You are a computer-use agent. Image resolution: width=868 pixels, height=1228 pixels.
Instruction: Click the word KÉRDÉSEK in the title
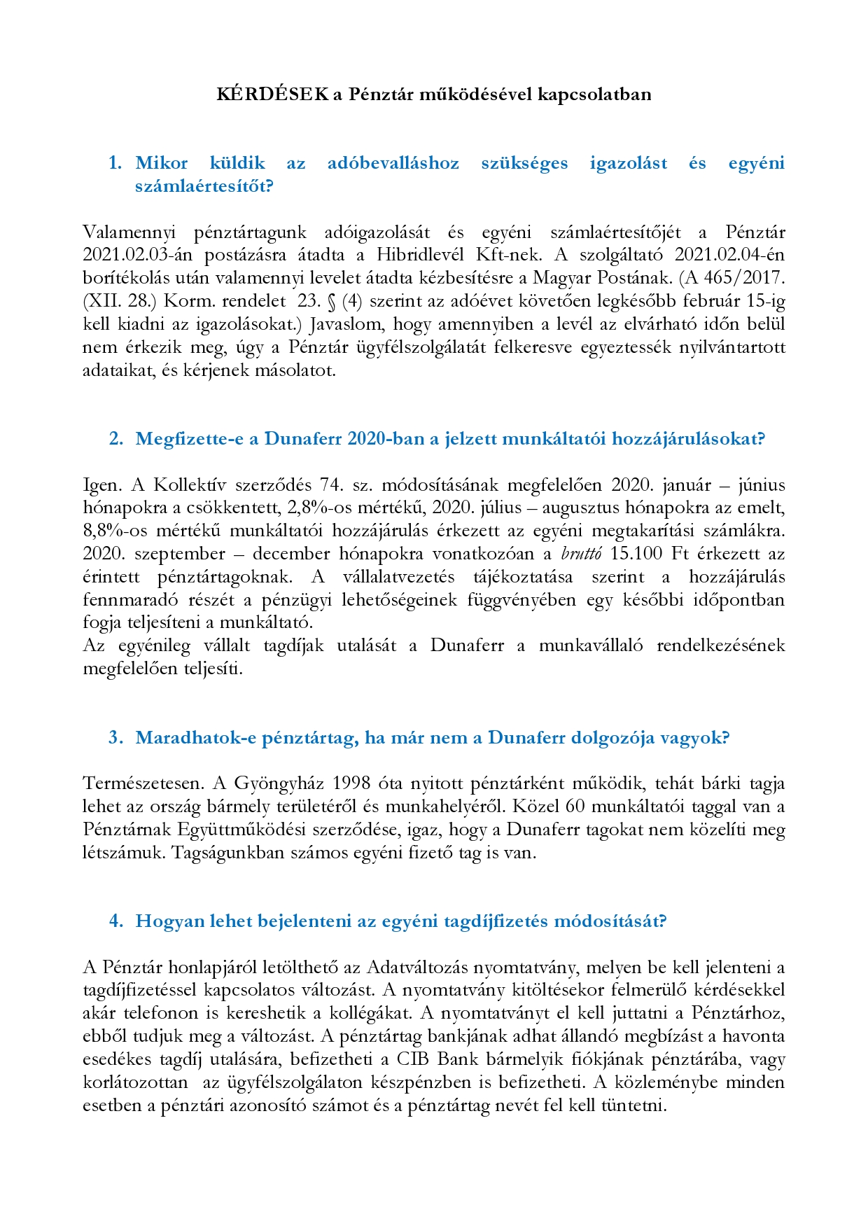[272, 95]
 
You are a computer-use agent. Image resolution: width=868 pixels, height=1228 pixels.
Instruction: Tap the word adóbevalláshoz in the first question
[393, 163]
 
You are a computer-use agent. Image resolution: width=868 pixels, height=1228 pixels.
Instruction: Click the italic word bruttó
[581, 554]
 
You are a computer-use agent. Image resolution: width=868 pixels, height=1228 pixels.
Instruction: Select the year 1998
[351, 783]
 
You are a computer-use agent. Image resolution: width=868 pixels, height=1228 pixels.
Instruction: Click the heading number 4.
[115, 921]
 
